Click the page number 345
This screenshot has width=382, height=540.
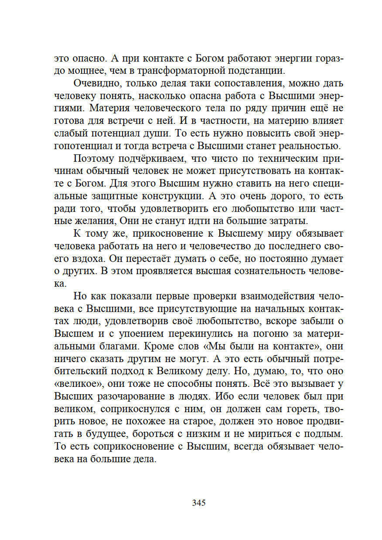point(199,503)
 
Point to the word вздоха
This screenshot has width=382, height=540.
point(89,259)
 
